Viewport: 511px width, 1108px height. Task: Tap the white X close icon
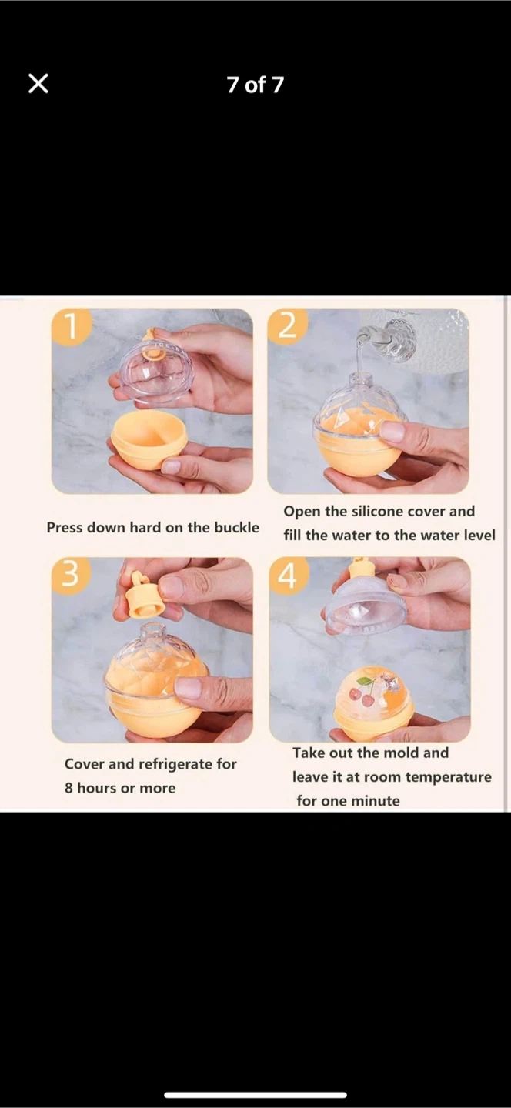[x=38, y=84]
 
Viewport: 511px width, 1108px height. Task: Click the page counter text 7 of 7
[x=255, y=85]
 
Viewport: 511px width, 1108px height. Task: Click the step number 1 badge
[x=71, y=326]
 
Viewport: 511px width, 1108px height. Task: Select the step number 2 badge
[x=287, y=326]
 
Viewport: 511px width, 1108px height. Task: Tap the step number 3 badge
[x=70, y=575]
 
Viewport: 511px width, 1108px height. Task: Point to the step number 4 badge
[x=288, y=575]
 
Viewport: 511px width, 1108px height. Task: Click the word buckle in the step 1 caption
[x=236, y=527]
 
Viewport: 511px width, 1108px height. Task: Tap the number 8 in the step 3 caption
[x=68, y=788]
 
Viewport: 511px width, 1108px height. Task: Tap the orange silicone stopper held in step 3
[x=143, y=596]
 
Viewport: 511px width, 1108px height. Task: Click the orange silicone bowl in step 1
[x=149, y=439]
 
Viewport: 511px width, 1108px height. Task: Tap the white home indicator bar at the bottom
[x=255, y=1095]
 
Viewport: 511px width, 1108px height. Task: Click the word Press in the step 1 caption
[x=65, y=527]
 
